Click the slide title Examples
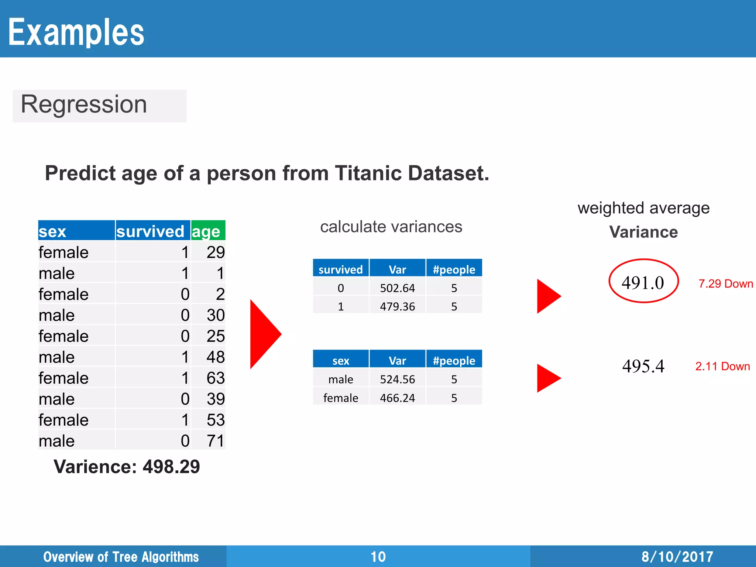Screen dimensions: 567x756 tap(76, 32)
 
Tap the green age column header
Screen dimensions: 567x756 tap(207, 231)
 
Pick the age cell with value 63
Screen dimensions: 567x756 tap(215, 378)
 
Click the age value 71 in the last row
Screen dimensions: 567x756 tap(215, 441)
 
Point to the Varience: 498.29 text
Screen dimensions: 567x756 tap(127, 467)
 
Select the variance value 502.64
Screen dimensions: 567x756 tap(397, 288)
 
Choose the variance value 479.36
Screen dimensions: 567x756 tap(397, 306)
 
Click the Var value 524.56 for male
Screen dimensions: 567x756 tap(397, 379)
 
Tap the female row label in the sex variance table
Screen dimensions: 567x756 tap(340, 398)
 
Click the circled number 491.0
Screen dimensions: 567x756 tap(643, 283)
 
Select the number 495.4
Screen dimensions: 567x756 tap(643, 366)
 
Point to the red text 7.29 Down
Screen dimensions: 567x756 tap(725, 283)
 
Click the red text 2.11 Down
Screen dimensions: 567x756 tap(722, 366)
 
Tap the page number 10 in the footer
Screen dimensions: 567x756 tap(378, 557)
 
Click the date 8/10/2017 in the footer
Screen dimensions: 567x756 tap(677, 557)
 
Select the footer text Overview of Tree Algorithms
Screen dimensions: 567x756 tap(121, 557)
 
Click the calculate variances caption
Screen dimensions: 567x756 tap(391, 227)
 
